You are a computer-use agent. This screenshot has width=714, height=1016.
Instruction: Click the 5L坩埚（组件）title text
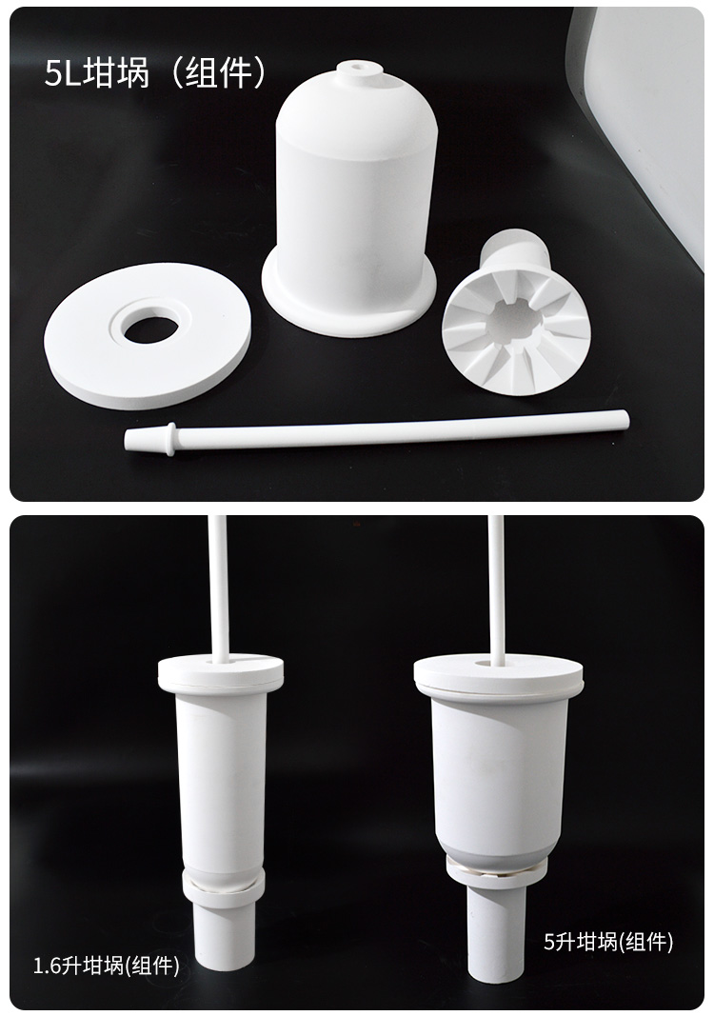tap(155, 72)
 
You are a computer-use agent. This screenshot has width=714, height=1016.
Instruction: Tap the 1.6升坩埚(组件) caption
tap(107, 966)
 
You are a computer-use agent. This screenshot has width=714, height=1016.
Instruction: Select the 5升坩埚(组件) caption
tap(607, 942)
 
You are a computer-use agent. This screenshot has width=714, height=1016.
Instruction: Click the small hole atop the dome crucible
tap(357, 66)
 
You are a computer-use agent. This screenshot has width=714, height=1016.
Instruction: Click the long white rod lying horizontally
tap(377, 428)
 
